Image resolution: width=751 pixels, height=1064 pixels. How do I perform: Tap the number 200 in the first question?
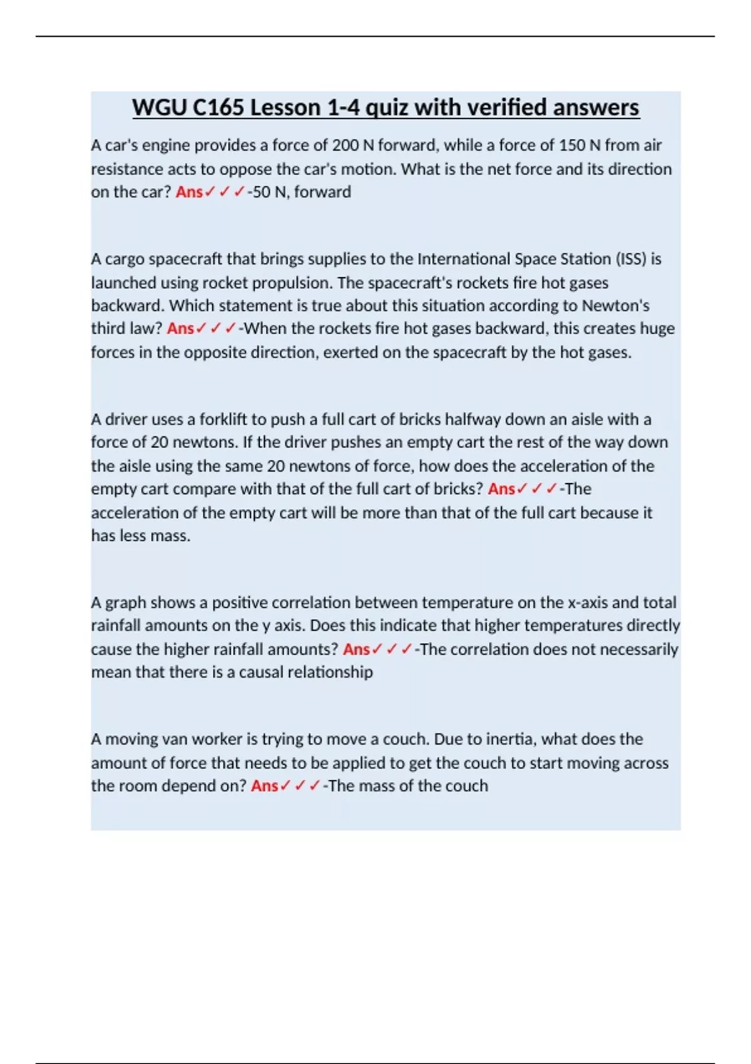click(345, 145)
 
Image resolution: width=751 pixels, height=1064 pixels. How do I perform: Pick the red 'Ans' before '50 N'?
click(189, 192)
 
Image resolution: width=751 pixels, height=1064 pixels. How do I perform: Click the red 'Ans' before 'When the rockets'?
click(180, 329)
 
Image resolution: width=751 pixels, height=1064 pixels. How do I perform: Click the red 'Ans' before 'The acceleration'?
click(501, 489)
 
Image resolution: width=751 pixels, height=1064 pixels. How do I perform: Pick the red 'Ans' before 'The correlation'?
click(356, 650)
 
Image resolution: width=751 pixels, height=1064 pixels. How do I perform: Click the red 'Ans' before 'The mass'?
click(264, 786)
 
